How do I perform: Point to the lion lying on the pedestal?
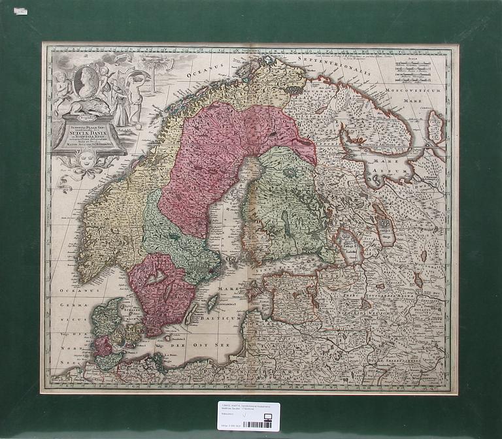(86, 108)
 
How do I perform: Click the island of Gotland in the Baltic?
(212, 302)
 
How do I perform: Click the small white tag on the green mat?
(20, 11)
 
